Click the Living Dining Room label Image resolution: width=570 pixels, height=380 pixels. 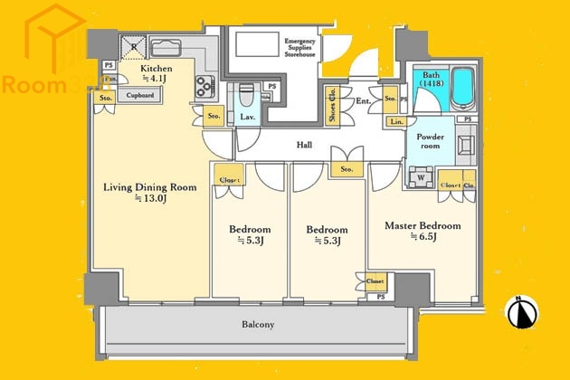(x=149, y=187)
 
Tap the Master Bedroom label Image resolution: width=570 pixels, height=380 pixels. (x=423, y=225)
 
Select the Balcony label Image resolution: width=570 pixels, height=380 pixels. (x=258, y=325)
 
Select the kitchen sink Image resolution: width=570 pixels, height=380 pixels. (x=166, y=48)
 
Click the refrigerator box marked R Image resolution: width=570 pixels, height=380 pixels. (x=134, y=47)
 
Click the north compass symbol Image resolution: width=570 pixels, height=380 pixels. (x=521, y=312)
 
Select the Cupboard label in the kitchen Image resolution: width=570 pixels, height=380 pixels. (x=140, y=95)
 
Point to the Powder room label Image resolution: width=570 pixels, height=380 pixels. (x=430, y=141)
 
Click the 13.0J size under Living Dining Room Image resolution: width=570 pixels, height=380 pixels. (x=149, y=198)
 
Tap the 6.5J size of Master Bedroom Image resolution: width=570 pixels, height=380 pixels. (x=423, y=237)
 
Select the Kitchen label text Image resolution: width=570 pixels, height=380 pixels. (x=156, y=68)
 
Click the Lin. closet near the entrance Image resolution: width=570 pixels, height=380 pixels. (x=396, y=121)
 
